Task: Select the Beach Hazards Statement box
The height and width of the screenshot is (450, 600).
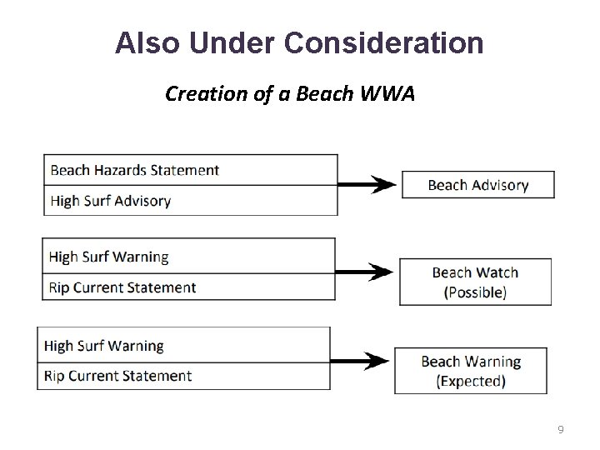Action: click(x=191, y=170)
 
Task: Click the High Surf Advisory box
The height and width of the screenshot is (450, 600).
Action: click(x=191, y=201)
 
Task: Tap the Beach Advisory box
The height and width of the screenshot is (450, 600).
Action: click(x=477, y=185)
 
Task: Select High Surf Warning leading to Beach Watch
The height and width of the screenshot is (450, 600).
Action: click(x=188, y=257)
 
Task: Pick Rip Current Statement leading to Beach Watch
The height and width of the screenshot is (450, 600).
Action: click(x=188, y=287)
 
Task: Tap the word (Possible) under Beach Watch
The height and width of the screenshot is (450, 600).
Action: click(x=475, y=292)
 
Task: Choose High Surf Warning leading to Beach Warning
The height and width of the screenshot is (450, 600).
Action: click(x=183, y=345)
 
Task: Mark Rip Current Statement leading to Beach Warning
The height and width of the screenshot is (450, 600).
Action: click(x=183, y=376)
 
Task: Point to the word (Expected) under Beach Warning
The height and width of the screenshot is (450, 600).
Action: click(x=471, y=382)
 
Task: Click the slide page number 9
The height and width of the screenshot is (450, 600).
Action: click(x=561, y=430)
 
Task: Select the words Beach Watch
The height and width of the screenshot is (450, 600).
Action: click(x=475, y=272)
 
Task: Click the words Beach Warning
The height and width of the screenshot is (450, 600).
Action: click(x=471, y=362)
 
